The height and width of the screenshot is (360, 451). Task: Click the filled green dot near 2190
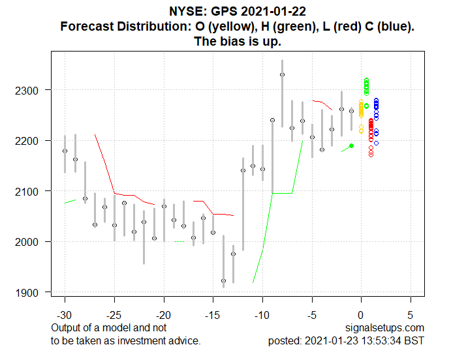click(x=351, y=145)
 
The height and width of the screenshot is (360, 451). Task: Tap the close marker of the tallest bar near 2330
click(x=282, y=74)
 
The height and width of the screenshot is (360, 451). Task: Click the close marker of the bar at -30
click(x=65, y=151)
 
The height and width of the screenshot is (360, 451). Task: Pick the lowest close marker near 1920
click(x=223, y=280)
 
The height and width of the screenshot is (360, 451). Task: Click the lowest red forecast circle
click(x=371, y=155)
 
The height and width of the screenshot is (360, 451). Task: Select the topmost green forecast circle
click(x=366, y=80)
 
